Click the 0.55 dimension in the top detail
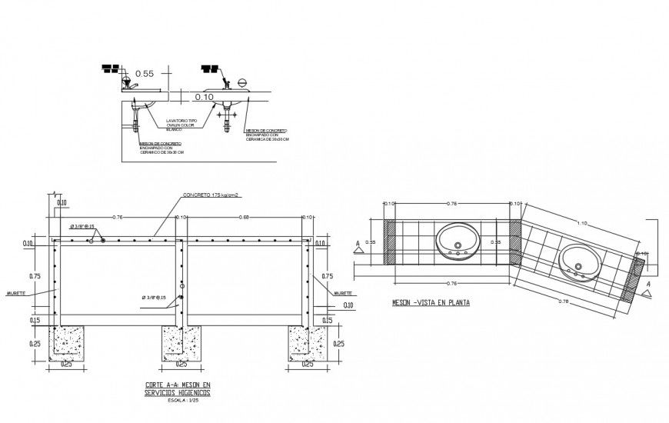tap(145, 74)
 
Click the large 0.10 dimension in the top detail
tap(204, 97)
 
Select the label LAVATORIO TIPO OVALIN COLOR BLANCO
tap(183, 125)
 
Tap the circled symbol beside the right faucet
tap(241, 82)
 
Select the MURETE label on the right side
tap(342, 293)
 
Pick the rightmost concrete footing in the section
tap(307, 343)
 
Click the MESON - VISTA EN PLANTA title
tap(430, 302)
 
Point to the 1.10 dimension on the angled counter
tap(581, 223)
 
